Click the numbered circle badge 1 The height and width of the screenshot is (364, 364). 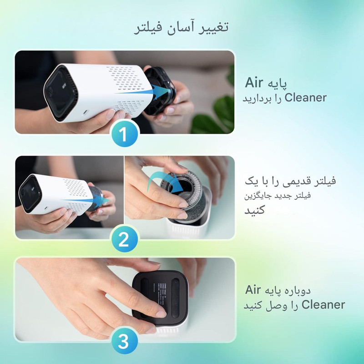pos(123,134)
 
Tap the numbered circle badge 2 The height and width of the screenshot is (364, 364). pos(123,239)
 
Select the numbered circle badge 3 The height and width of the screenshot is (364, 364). pos(123,342)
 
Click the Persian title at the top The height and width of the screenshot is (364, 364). pos(181,28)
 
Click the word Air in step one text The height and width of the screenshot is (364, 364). pos(254,83)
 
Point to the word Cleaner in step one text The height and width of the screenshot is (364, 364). pos(305,97)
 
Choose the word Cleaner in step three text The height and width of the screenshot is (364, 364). pos(323,304)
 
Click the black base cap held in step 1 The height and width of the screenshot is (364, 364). pos(160,91)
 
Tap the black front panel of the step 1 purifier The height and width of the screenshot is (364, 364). pos(60,93)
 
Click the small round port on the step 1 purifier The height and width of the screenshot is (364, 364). pos(86,112)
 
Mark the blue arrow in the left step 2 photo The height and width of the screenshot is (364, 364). pos(86,200)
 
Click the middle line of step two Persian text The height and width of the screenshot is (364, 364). pos(278,196)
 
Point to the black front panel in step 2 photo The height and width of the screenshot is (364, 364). pos(30,193)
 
